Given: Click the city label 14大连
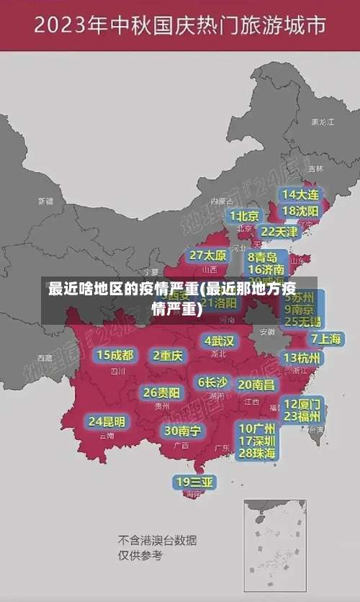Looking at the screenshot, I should point(300,194).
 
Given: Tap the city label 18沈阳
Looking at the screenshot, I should point(300,211).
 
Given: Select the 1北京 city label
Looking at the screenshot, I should point(244,216).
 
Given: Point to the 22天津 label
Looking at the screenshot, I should point(279,232).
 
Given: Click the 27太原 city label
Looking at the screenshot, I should point(208,256).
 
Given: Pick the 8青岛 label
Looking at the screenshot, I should point(263,257).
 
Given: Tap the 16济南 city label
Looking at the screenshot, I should point(266,270).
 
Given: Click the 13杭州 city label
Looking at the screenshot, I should point(302,358).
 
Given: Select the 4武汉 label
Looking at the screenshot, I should point(219,341).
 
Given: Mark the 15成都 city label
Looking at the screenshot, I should point(115,355).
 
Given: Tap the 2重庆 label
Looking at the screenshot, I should point(168,355).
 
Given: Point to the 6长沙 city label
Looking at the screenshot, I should point(212,382).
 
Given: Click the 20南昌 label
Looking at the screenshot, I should point(256,385).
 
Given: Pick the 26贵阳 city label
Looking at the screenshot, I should point(161,393).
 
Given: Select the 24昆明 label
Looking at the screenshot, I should point(107,421).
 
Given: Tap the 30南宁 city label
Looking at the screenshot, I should point(182,431).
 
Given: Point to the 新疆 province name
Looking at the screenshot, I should point(45,201).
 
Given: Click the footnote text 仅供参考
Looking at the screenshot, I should point(140,555).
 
